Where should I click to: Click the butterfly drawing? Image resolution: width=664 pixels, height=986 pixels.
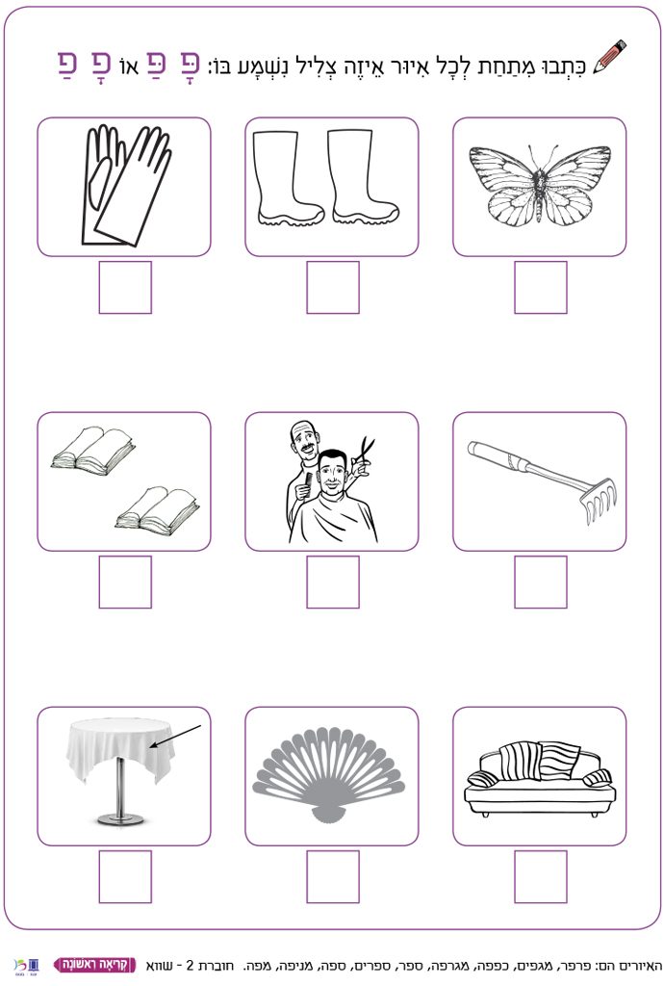tap(540, 184)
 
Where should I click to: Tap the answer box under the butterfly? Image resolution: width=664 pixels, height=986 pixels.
tap(540, 287)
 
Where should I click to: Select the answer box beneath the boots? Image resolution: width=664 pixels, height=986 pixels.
tap(333, 287)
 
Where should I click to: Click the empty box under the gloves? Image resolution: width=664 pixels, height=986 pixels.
tap(125, 287)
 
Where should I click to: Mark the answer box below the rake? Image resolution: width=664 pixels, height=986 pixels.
tap(540, 582)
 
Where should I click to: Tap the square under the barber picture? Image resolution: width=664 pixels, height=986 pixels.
tap(333, 582)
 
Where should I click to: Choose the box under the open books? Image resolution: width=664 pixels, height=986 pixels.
tap(125, 582)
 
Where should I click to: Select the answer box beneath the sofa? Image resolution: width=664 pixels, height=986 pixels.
tap(540, 876)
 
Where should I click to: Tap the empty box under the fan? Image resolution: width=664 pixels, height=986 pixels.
tap(333, 876)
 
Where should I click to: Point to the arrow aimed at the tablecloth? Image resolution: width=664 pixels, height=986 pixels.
tap(175, 737)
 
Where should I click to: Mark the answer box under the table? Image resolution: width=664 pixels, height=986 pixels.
tap(125, 876)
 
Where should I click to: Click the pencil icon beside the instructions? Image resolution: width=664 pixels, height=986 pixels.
tap(610, 58)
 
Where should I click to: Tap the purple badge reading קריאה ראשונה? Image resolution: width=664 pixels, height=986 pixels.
tap(95, 965)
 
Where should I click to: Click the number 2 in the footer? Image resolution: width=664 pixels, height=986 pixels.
tap(190, 965)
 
